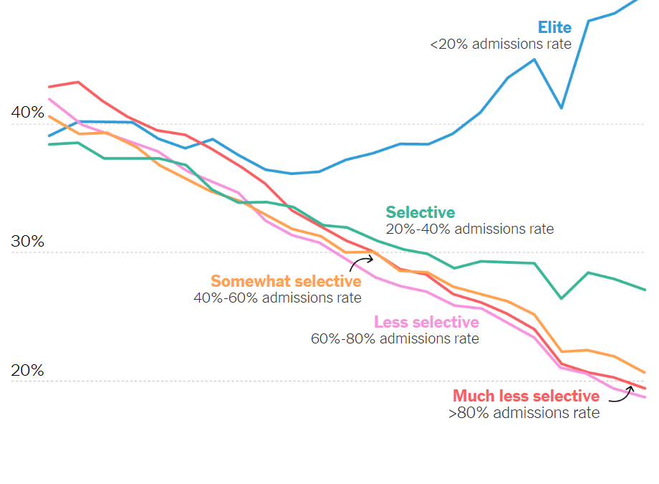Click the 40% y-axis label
point(27,113)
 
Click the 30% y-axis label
point(27,242)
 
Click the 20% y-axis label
point(27,371)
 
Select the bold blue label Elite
point(554,27)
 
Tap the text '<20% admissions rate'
point(500,44)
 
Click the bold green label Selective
point(420,212)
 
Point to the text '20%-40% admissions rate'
point(469,229)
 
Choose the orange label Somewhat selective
point(286,281)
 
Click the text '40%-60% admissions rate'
point(277,298)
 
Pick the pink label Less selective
point(426,322)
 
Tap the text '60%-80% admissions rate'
point(395,338)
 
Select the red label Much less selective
point(526,396)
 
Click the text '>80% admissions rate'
point(524,413)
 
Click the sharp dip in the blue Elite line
point(562,108)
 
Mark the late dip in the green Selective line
point(561,298)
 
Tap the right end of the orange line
point(645,373)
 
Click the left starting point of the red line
point(49,87)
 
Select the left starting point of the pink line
point(49,99)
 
